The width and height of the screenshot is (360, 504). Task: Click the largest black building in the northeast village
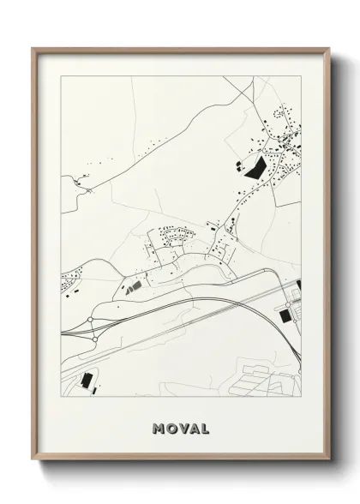point(255,163)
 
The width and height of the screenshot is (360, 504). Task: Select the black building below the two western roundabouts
point(86,381)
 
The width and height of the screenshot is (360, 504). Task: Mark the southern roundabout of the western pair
point(94,339)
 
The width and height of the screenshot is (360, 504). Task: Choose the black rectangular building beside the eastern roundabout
point(284,317)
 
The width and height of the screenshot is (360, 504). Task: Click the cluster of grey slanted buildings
point(130,288)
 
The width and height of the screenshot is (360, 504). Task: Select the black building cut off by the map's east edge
point(299,285)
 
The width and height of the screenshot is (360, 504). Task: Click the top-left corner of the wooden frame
point(33,48)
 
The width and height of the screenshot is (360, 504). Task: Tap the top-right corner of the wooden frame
point(330,48)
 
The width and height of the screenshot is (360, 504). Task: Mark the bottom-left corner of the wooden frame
point(33,461)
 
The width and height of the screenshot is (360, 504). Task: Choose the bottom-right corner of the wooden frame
point(330,461)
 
